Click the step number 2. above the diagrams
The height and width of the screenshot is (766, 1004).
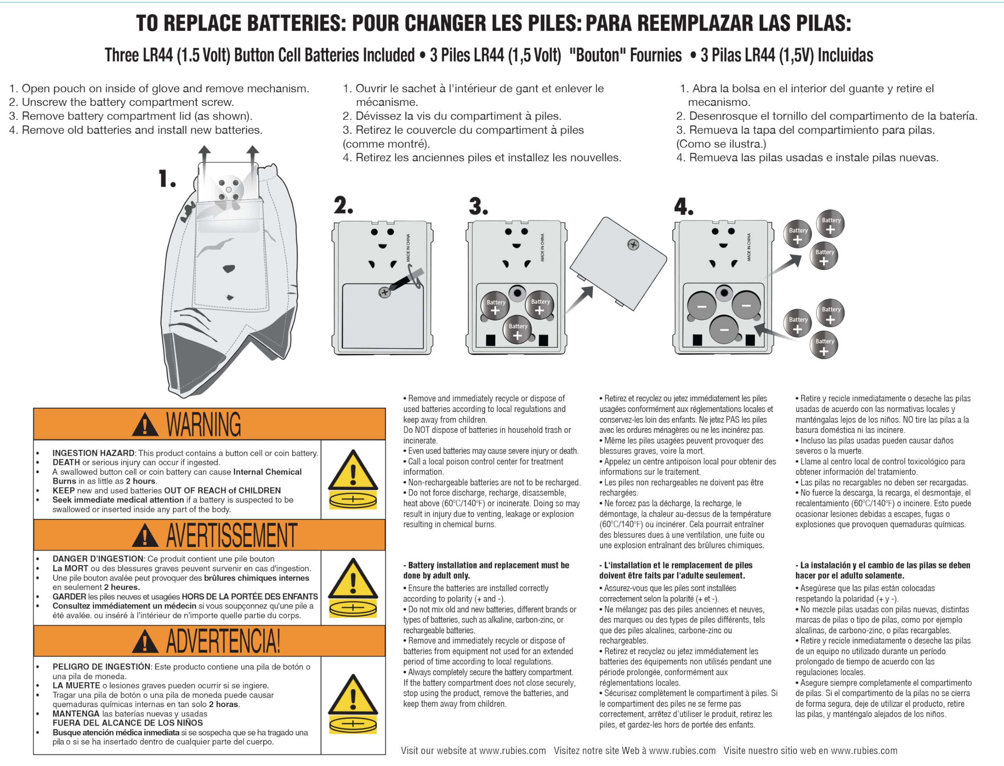(343, 206)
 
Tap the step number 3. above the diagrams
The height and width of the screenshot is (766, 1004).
(478, 206)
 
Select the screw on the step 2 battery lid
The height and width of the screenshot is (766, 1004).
(384, 292)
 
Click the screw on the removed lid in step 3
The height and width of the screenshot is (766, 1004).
(633, 245)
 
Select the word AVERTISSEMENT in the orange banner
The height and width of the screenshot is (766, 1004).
(231, 535)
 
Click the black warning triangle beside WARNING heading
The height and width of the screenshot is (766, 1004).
(145, 425)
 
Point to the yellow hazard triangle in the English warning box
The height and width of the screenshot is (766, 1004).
(353, 471)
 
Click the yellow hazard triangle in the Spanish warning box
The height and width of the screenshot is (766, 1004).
(353, 695)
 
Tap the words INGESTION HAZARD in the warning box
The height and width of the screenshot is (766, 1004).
(93, 453)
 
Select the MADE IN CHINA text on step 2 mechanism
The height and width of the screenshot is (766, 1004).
(408, 248)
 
